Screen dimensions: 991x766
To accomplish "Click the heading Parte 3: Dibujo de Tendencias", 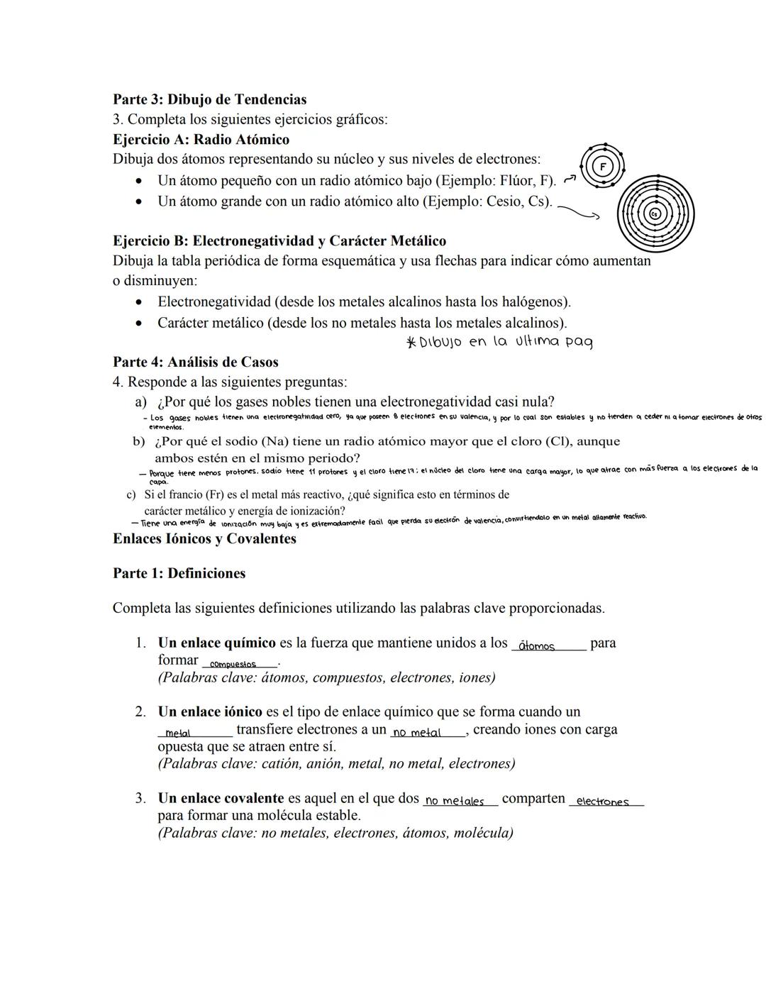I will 210,99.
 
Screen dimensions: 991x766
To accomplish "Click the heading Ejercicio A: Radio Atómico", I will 201,140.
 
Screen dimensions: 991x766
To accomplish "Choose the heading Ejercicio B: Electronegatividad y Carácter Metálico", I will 279,240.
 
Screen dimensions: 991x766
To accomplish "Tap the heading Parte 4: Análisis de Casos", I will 195,362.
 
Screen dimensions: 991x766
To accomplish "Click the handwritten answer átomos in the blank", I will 537,646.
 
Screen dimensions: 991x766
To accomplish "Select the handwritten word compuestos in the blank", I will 233,664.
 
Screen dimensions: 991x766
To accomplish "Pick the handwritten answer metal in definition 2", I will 177,733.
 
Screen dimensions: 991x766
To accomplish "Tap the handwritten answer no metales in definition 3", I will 454,801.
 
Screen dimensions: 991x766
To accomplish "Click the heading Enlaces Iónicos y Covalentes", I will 204,538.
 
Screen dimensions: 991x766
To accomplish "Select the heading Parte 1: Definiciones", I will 179,573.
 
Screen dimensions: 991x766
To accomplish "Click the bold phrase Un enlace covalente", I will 221,798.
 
